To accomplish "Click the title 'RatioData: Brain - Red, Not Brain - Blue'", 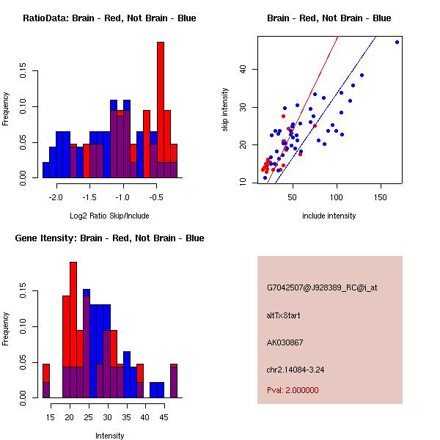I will point(109,18).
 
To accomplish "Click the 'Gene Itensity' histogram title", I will point(109,238).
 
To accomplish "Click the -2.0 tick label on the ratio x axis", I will point(56,197).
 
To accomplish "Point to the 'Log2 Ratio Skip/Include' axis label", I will point(109,216).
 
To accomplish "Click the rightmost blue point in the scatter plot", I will point(397,42).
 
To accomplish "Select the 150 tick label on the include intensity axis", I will point(381,197).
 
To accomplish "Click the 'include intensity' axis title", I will point(329,216).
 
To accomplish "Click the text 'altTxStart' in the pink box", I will point(283,316).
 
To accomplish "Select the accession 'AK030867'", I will point(285,342).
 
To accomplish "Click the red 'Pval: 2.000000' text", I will point(293,390).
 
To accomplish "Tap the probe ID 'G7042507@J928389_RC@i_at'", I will point(322,288).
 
